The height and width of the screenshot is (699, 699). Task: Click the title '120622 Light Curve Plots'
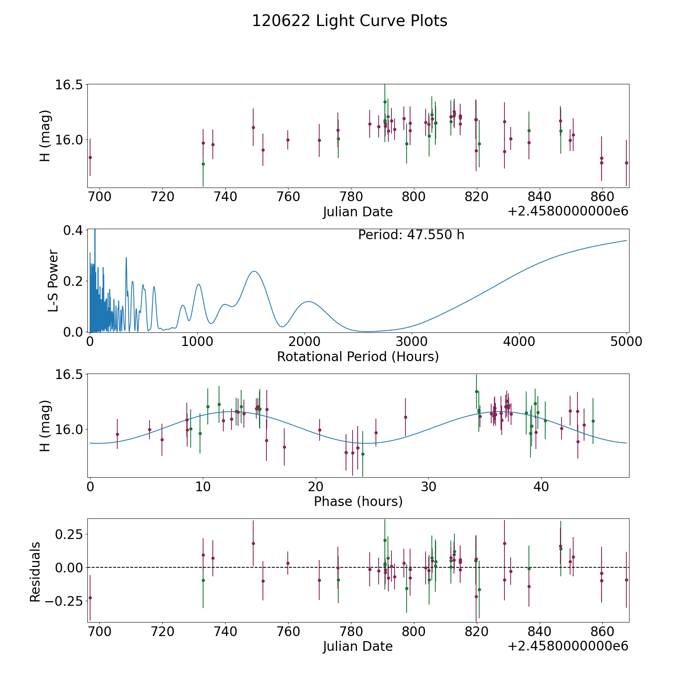coord(349,21)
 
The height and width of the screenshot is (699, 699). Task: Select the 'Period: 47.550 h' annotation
coord(411,235)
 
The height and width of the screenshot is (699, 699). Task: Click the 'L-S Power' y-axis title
coord(53,281)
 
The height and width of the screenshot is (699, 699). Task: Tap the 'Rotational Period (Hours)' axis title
coord(358,356)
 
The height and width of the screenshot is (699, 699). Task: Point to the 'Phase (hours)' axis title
coord(358,501)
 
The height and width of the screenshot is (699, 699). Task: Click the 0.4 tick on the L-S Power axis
coord(73,230)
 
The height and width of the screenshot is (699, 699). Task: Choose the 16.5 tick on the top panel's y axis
coord(69,85)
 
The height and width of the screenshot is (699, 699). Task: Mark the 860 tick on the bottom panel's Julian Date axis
coord(602,631)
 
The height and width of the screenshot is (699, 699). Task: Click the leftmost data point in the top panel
coord(90,157)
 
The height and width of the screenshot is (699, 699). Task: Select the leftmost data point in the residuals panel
coord(90,598)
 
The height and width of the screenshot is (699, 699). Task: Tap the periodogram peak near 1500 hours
coord(254,271)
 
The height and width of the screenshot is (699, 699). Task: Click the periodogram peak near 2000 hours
coord(308,301)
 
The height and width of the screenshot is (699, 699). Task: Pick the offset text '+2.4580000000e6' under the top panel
coord(568,212)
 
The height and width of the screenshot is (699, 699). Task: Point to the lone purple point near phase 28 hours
coord(405,417)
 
